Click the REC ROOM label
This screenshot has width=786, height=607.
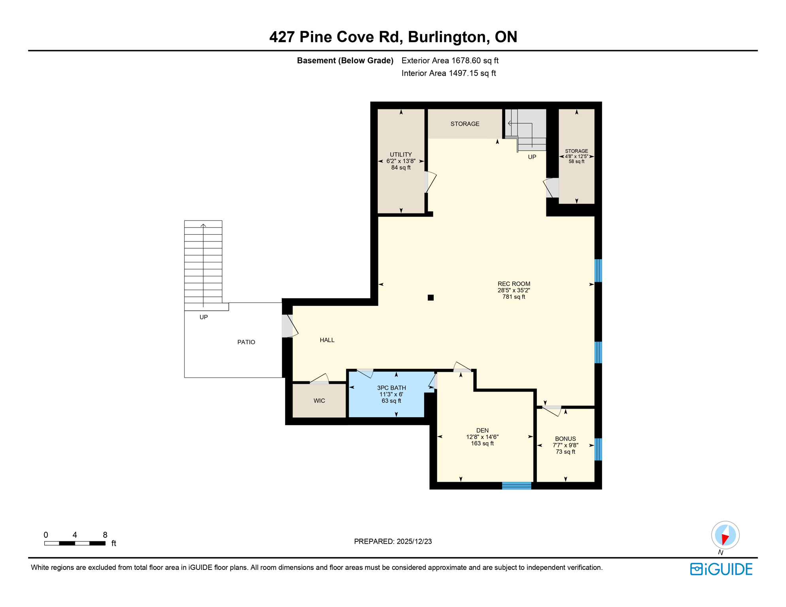tap(514, 284)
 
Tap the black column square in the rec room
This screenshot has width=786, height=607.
tap(431, 298)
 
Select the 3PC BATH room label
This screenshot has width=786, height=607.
tap(391, 388)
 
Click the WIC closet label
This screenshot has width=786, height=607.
tap(319, 401)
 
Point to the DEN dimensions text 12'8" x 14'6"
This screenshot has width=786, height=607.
tap(482, 437)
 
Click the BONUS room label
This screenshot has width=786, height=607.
tap(565, 439)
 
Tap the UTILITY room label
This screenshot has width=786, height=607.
tap(401, 155)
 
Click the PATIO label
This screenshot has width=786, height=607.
tap(246, 342)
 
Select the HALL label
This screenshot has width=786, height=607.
tap(327, 340)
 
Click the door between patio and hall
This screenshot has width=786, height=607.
tap(287, 326)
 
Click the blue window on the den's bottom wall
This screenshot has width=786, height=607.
tap(516, 486)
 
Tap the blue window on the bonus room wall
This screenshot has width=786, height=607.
tap(598, 449)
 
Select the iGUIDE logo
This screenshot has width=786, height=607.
tap(721, 569)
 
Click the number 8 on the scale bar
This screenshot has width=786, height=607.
tap(105, 535)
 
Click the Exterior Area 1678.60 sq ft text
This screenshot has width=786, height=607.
tap(450, 60)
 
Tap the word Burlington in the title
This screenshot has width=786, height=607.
tap(447, 37)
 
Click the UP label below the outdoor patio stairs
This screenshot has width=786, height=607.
tap(204, 317)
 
